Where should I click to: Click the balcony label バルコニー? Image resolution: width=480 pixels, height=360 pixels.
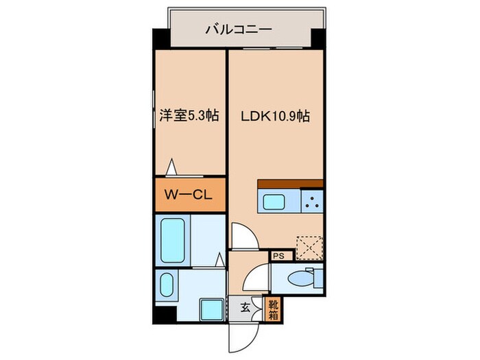pyautogui.click(x=239, y=29)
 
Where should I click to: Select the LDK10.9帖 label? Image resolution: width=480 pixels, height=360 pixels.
pyautogui.click(x=275, y=117)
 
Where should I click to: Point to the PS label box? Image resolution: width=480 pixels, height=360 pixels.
pyautogui.click(x=279, y=256)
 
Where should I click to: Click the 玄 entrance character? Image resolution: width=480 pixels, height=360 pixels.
pyautogui.click(x=244, y=307)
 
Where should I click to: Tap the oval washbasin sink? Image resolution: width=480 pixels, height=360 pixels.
pyautogui.click(x=166, y=285)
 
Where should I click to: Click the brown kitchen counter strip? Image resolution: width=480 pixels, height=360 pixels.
pyautogui.click(x=290, y=183)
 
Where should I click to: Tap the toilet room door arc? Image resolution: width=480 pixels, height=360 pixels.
pyautogui.click(x=255, y=278)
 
